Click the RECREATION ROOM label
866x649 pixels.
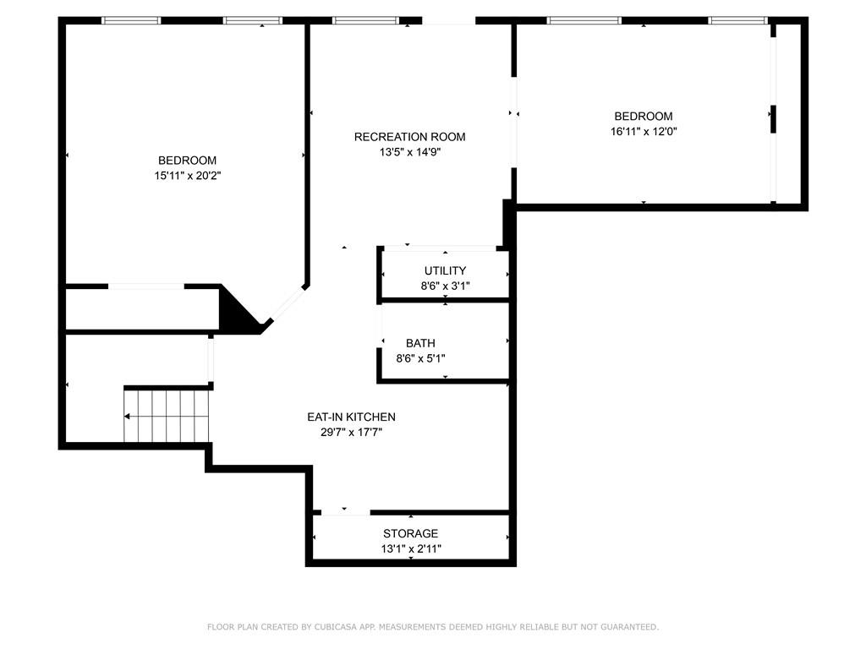click(x=409, y=137)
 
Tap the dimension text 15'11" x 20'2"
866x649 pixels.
click(x=187, y=176)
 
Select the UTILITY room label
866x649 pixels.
click(x=445, y=270)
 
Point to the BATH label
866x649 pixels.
click(x=420, y=343)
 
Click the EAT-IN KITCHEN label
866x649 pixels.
click(x=351, y=417)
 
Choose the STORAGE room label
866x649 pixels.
click(x=410, y=533)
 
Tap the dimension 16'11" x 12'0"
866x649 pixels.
click(x=644, y=132)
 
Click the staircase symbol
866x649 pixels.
click(x=167, y=416)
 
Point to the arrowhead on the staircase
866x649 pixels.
click(x=128, y=416)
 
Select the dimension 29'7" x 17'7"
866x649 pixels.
click(x=351, y=432)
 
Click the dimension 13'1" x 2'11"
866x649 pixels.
click(x=410, y=548)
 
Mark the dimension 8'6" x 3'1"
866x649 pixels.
click(x=445, y=286)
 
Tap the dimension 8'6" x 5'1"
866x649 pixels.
click(x=420, y=358)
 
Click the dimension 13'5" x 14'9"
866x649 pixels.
click(x=409, y=152)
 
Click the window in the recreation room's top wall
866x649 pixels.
click(x=365, y=20)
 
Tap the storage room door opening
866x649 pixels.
click(x=345, y=512)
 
